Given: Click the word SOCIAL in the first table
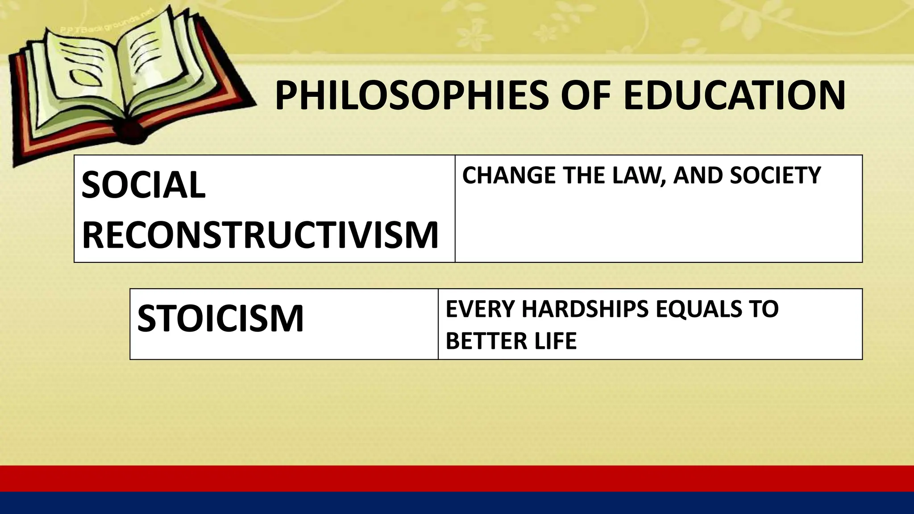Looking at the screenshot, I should [x=143, y=185].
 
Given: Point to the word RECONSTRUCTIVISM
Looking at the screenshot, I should [x=260, y=235].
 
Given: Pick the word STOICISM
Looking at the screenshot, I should [x=220, y=318].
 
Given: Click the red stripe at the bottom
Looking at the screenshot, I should [x=457, y=478].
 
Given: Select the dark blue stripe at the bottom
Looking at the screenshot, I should [x=457, y=503].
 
